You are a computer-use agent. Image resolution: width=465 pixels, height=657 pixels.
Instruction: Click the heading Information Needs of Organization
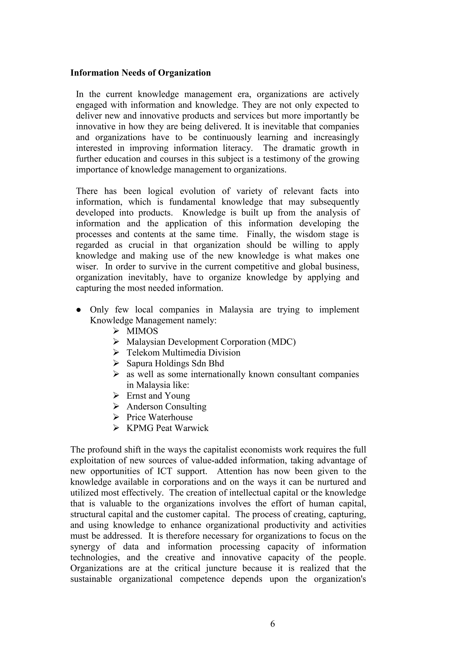(140, 73)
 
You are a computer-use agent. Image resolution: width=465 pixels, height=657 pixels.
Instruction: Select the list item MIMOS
(142, 331)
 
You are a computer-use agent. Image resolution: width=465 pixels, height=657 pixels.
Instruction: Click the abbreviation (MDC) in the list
(282, 342)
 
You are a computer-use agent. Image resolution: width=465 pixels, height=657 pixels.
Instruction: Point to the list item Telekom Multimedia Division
(183, 352)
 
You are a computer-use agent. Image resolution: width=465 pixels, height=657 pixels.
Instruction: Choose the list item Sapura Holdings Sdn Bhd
(175, 363)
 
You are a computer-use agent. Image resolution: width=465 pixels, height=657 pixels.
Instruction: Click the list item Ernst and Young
(158, 396)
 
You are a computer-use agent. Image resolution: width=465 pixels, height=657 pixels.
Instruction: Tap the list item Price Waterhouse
(159, 417)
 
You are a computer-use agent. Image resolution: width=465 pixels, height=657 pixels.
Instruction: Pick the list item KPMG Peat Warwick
(168, 428)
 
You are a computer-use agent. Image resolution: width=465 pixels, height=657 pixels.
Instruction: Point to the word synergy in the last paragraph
(85, 547)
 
